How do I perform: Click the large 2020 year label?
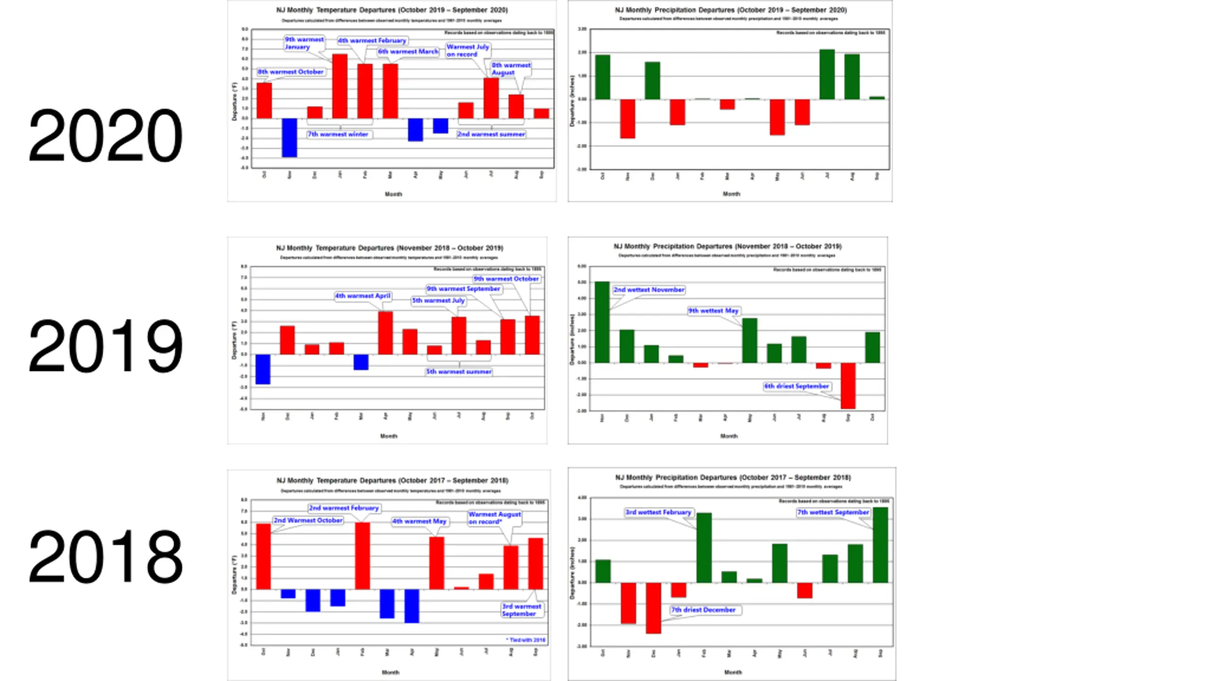[x=105, y=136]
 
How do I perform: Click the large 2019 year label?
[x=105, y=346]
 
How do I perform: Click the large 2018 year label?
[x=105, y=557]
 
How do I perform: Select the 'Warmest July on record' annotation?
[x=467, y=51]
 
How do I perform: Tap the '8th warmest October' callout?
[x=290, y=72]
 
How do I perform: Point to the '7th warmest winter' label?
[x=338, y=134]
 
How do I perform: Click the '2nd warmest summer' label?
[x=491, y=134]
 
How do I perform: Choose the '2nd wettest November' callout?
[x=649, y=289]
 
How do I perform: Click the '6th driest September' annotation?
[x=797, y=386]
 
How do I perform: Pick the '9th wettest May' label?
[x=713, y=311]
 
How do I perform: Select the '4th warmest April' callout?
[x=363, y=296]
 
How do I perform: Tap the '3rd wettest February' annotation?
[x=658, y=512]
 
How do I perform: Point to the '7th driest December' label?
[x=703, y=610]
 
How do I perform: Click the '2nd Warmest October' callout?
[x=308, y=520]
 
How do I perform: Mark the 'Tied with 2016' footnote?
[x=526, y=640]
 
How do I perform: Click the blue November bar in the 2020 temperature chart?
[x=290, y=138]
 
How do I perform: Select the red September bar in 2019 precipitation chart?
[x=848, y=385]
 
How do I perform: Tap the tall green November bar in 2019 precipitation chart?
[x=602, y=322]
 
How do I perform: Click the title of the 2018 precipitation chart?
[x=733, y=478]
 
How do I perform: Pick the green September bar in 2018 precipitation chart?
[x=880, y=545]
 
